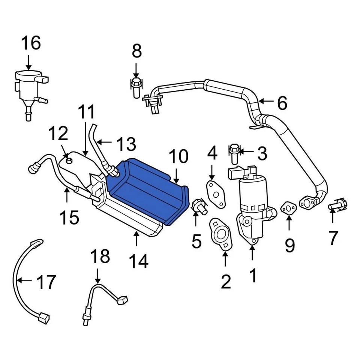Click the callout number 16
(x=31, y=43)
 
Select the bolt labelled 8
(x=136, y=87)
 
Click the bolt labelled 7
(x=338, y=206)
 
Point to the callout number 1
(x=253, y=276)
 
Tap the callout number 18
(x=100, y=257)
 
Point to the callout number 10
(x=178, y=157)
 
